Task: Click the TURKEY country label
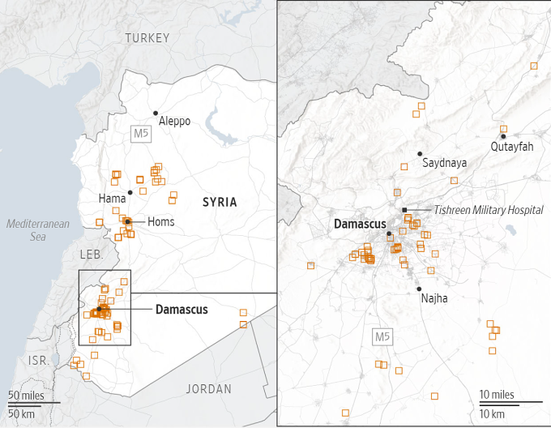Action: [x=147, y=38]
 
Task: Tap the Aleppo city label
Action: [x=174, y=122]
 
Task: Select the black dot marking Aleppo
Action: [x=156, y=113]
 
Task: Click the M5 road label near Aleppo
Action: [x=142, y=133]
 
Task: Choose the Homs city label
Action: [x=160, y=222]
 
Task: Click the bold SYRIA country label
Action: [x=220, y=202]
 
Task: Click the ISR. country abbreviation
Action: [x=38, y=360]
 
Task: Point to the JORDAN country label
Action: [x=208, y=389]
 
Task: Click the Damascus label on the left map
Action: [x=182, y=310]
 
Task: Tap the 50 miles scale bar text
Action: [x=26, y=395]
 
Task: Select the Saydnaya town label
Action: [x=444, y=163]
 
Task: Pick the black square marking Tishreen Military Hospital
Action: [x=404, y=210]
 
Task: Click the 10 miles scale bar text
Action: [x=498, y=395]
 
